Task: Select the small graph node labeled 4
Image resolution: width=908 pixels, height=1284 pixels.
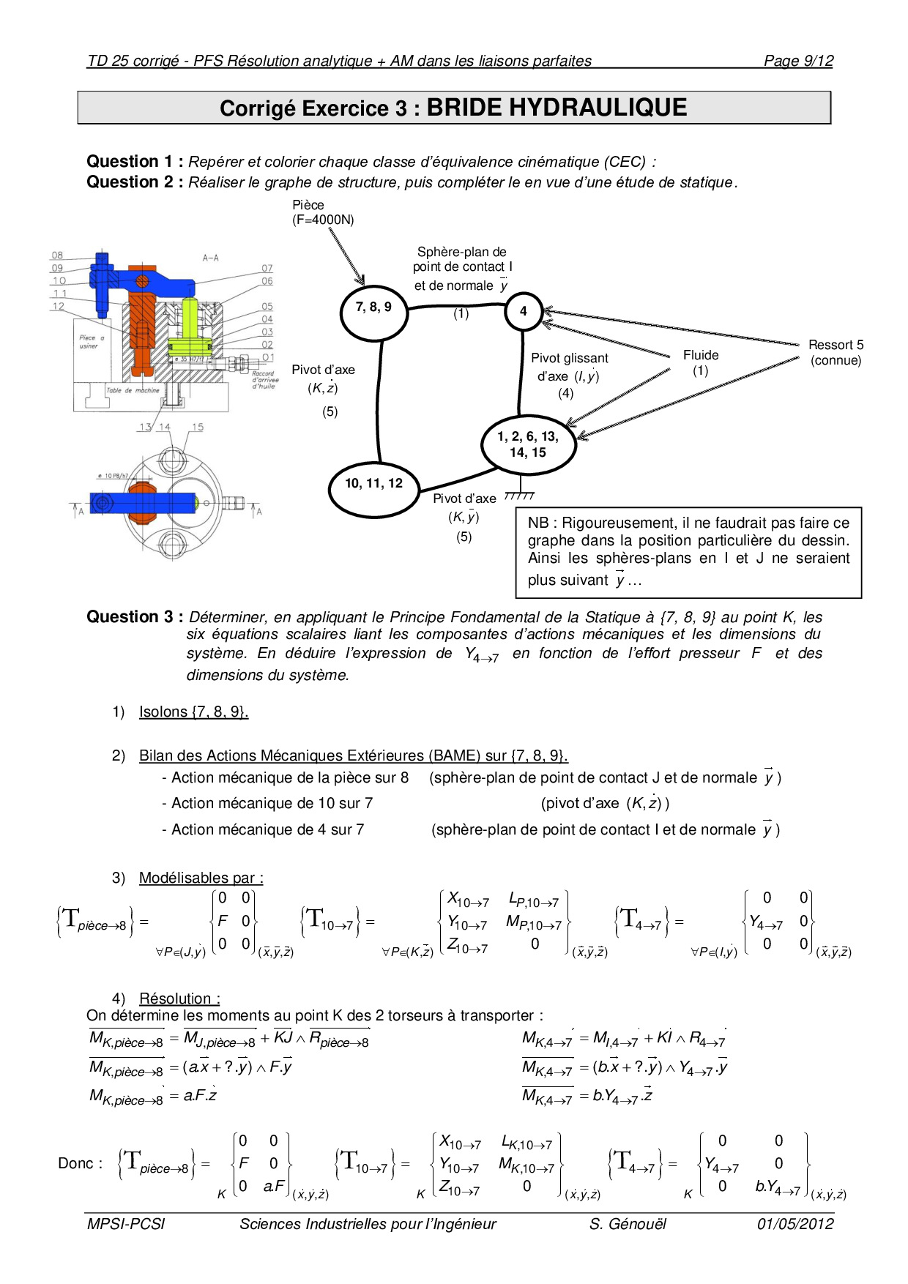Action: [x=523, y=311]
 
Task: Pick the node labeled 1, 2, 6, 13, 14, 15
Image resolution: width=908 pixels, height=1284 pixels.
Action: [x=527, y=444]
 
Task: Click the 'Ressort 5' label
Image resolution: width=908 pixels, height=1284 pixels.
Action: [x=836, y=345]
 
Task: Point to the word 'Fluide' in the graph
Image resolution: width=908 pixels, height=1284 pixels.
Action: [x=701, y=355]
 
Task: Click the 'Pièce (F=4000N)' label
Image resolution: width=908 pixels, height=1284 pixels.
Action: [x=322, y=212]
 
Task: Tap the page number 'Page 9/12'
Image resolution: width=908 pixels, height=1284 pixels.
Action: [x=798, y=61]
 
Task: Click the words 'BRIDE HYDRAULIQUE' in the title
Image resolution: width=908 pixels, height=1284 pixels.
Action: [x=557, y=108]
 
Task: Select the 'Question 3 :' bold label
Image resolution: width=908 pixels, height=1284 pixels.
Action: [x=135, y=617]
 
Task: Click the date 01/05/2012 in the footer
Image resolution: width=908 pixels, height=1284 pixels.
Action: [x=795, y=1224]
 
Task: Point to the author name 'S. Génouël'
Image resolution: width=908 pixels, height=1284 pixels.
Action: [x=628, y=1224]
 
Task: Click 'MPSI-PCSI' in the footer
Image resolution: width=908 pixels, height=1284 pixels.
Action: [x=126, y=1224]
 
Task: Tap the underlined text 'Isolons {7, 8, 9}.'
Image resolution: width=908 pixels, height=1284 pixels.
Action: [x=193, y=712]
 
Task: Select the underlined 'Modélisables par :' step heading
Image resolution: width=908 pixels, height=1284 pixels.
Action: [x=201, y=878]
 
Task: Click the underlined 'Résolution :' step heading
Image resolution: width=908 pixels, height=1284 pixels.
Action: [x=179, y=999]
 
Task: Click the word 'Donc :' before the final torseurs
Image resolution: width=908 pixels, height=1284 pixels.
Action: [x=80, y=1163]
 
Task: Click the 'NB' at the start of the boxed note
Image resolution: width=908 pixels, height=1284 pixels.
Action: [x=538, y=523]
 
